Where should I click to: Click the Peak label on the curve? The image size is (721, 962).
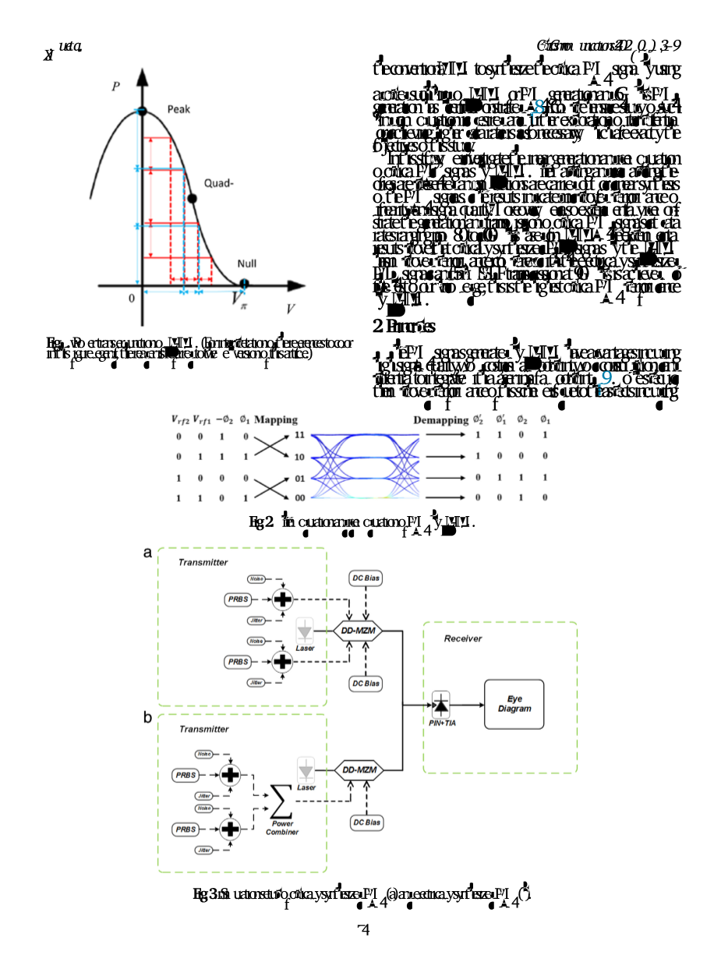(x=178, y=109)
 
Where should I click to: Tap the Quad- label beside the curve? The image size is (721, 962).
(x=220, y=183)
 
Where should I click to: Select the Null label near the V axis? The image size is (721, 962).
(x=246, y=264)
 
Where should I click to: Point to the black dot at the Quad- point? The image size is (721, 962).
(x=193, y=199)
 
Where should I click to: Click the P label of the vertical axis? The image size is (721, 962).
(x=115, y=87)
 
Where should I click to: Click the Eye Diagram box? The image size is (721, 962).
(x=514, y=704)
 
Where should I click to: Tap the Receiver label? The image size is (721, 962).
(x=463, y=638)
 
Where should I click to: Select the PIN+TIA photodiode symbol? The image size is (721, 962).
(x=441, y=705)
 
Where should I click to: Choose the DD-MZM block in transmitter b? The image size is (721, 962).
(x=360, y=770)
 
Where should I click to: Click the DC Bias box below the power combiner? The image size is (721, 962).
(x=366, y=822)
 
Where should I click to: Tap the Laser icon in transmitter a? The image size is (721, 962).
(x=305, y=632)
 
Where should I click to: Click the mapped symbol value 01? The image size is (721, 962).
(x=299, y=478)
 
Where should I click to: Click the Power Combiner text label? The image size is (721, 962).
(x=281, y=828)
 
